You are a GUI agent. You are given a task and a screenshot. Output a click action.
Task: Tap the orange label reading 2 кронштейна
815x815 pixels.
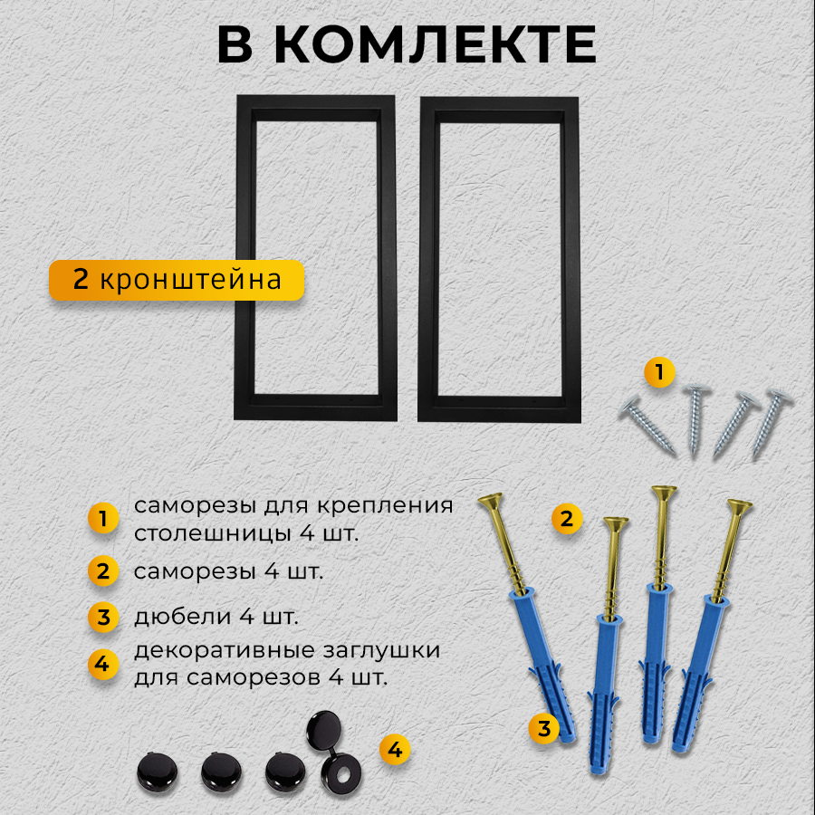[x=177, y=280]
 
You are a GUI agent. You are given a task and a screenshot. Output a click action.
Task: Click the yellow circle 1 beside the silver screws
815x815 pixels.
[x=658, y=371]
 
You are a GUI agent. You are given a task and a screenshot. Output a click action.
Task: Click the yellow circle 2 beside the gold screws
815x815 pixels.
[x=567, y=519]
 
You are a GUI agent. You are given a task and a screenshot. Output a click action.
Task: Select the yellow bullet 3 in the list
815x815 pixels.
[x=103, y=618]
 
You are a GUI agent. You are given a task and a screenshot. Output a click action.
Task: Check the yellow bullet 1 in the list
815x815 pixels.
[x=103, y=519]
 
